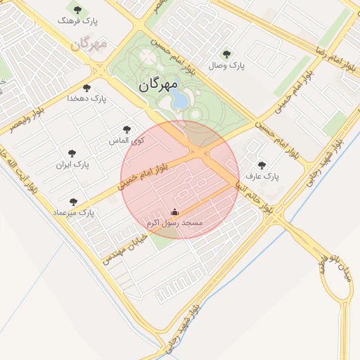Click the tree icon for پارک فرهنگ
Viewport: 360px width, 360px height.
point(77,11)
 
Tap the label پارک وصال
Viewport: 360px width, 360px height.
point(226,65)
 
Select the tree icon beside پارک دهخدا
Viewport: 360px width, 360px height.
point(86,88)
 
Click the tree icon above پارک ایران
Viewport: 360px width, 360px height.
point(72,153)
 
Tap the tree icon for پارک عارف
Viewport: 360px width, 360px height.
point(262,165)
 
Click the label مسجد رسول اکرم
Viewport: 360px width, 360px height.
point(174,223)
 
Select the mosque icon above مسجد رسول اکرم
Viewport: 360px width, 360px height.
point(174,212)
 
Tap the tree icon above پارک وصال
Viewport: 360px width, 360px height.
point(226,53)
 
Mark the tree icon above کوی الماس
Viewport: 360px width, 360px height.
point(127,129)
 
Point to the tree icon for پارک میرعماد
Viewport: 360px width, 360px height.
point(73,202)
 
